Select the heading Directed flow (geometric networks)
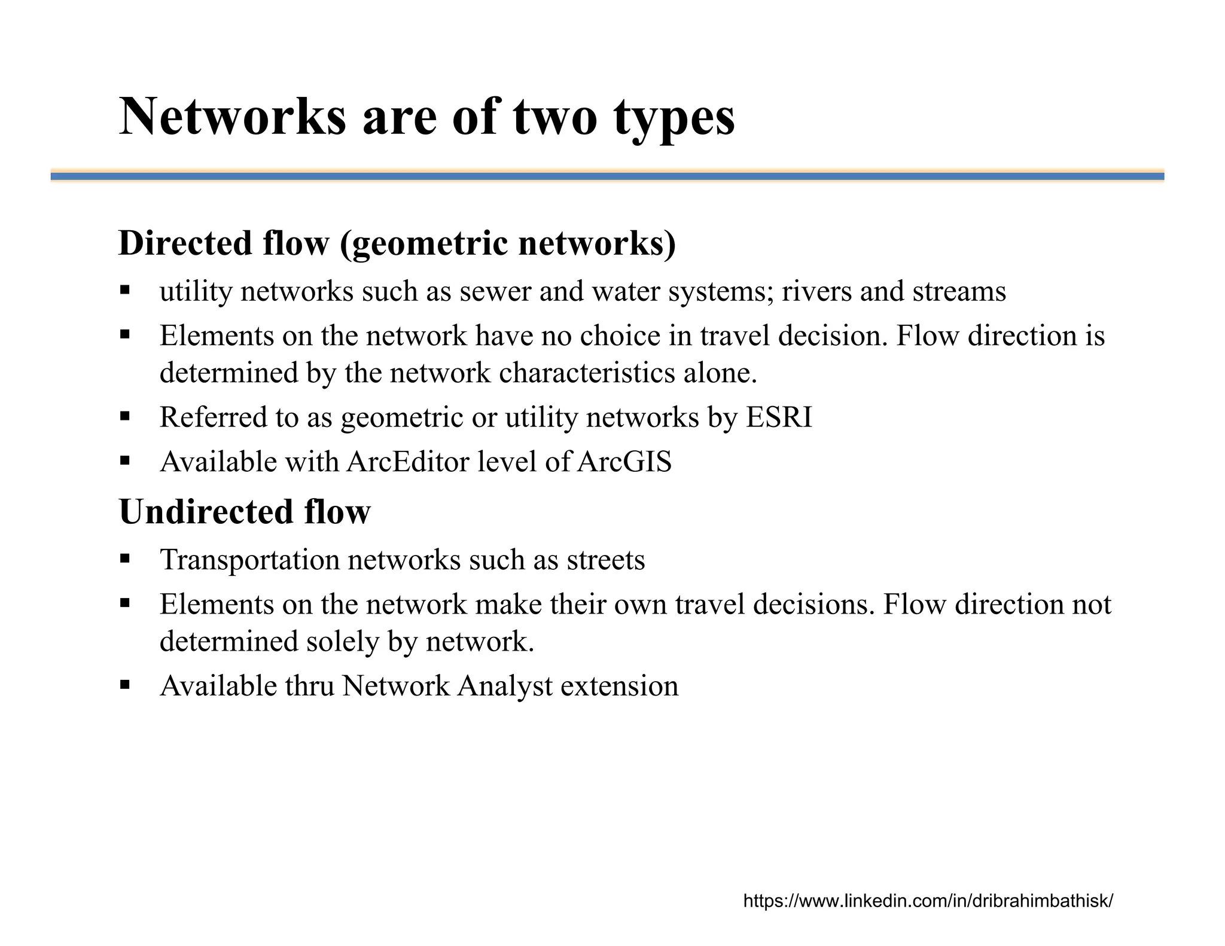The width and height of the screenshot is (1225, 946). tap(397, 243)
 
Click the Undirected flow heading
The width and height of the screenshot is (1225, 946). tap(245, 512)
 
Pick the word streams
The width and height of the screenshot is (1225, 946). tap(959, 292)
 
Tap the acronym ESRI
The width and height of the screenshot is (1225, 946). tap(779, 417)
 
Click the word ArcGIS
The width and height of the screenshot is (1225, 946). tap(624, 462)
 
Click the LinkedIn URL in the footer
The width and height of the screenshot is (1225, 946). tap(928, 901)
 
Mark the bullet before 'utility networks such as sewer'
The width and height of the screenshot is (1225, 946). tap(125, 291)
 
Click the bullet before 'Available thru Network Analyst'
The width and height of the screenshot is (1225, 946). tap(125, 685)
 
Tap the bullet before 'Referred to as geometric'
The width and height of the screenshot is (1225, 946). tap(125, 416)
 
